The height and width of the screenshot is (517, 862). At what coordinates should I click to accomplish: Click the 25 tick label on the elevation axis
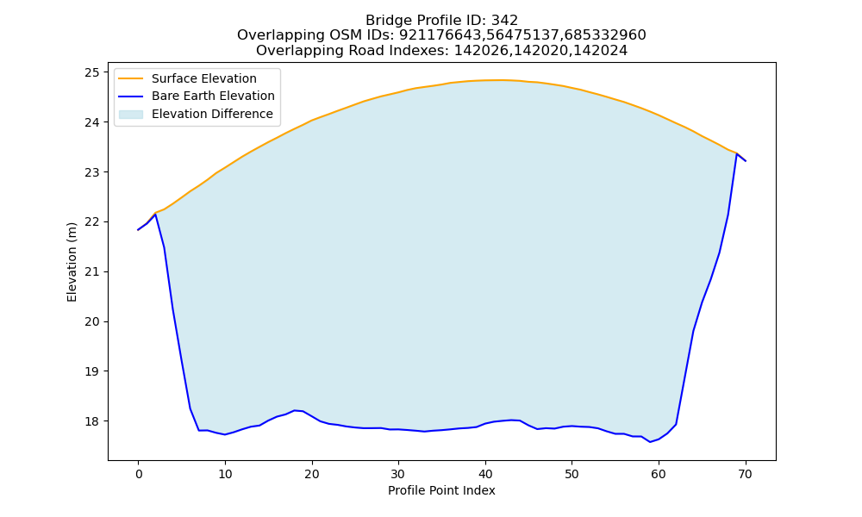tap(93, 72)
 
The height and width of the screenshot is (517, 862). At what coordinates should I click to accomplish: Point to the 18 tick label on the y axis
tap(93, 421)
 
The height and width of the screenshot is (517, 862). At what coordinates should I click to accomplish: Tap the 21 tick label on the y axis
tap(93, 272)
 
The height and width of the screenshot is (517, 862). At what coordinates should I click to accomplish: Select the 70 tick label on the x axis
tap(745, 475)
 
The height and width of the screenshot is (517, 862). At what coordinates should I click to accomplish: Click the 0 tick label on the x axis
tap(138, 475)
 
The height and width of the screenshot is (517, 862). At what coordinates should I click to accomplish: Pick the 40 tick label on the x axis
tap(484, 475)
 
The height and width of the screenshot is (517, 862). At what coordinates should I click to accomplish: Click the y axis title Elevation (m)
tap(72, 262)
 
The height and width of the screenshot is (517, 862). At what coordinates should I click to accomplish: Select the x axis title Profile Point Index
tap(441, 490)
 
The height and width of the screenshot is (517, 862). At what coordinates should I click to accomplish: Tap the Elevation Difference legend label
tap(212, 114)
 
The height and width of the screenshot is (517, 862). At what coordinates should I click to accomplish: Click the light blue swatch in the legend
tap(131, 115)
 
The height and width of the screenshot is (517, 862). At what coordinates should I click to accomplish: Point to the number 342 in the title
tap(504, 21)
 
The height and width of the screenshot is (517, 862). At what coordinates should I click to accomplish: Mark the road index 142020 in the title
tap(540, 51)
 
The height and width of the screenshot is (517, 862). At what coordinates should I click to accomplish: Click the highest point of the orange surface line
tap(497, 80)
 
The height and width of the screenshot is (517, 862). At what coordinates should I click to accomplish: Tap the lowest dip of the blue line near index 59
tap(650, 442)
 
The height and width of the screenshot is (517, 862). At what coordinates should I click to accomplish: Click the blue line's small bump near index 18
tap(295, 410)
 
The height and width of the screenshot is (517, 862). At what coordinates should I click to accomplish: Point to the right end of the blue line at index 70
tap(746, 161)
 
